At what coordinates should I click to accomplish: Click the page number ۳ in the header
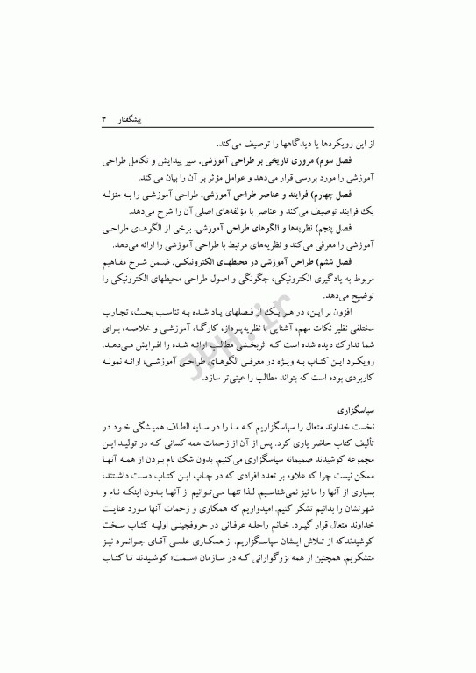click(104, 115)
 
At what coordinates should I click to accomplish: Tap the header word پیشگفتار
click(135, 115)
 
